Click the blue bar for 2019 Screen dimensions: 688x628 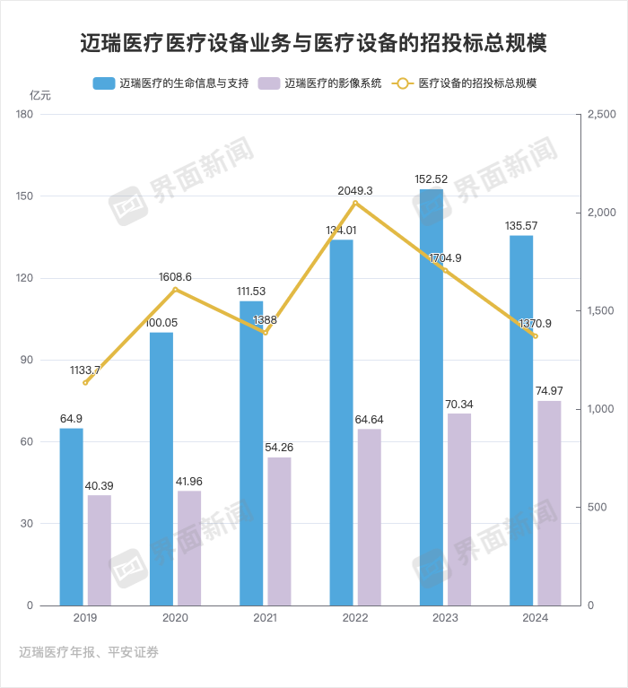point(71,517)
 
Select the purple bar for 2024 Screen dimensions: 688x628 point(549,503)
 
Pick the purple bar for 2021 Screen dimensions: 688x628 point(279,531)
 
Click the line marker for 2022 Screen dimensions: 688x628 point(355,204)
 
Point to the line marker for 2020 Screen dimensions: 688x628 point(175,290)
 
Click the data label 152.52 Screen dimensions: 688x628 point(432,179)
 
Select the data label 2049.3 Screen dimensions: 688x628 point(355,191)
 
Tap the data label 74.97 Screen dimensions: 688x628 point(549,390)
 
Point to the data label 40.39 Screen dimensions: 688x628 point(99,485)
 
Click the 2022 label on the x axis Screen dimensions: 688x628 point(355,619)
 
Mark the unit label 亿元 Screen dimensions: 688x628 point(40,95)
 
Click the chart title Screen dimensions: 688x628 point(314,43)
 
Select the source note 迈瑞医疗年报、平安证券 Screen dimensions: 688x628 point(89,652)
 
